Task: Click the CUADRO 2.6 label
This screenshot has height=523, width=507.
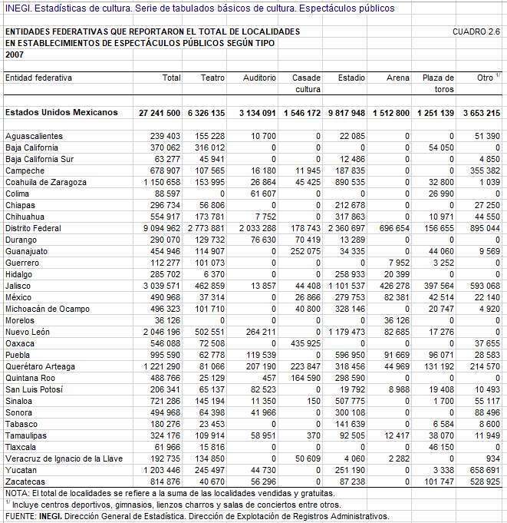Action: click(x=476, y=32)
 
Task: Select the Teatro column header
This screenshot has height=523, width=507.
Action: click(x=212, y=78)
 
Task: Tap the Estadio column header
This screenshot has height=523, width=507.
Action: click(x=351, y=78)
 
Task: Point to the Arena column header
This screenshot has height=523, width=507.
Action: click(x=398, y=78)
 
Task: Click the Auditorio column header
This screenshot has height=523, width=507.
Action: click(x=259, y=78)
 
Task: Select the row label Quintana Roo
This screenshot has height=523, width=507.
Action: click(x=30, y=378)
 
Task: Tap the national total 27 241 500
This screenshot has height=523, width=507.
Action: click(x=160, y=113)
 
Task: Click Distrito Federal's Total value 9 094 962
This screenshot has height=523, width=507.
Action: click(x=162, y=228)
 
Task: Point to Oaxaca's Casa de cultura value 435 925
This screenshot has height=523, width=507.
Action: click(x=305, y=343)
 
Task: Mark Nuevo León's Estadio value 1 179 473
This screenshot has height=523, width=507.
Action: click(x=347, y=332)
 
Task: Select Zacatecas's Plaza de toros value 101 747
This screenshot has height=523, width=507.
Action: click(x=437, y=482)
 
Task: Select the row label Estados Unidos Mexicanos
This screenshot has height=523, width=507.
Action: click(x=61, y=113)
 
